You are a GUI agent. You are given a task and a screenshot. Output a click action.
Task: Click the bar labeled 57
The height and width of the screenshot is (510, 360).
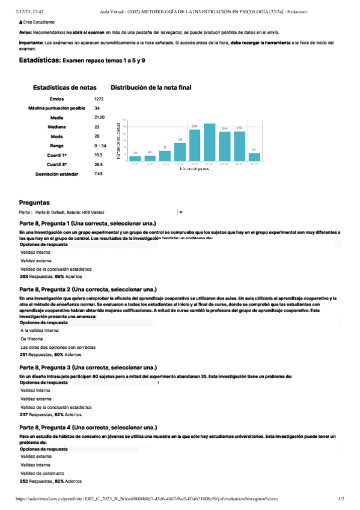coord(254,156)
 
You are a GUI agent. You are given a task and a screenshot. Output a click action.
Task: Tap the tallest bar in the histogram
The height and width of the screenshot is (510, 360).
coord(209,142)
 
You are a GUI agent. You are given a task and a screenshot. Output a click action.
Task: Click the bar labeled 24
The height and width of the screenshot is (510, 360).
coord(135,158)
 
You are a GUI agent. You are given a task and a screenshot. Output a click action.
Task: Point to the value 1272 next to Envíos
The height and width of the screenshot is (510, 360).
coord(99,99)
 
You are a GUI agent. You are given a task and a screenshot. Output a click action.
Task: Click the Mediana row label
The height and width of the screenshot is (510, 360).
coord(58,127)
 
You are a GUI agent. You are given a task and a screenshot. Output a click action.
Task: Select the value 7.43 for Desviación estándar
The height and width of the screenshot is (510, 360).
coord(99,173)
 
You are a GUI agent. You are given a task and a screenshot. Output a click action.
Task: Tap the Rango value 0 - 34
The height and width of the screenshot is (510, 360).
coord(100,146)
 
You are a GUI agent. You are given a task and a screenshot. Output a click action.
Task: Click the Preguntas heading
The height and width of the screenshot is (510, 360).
coord(34,203)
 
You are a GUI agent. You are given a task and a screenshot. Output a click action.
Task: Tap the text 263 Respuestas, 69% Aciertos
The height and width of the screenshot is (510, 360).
coord(51,277)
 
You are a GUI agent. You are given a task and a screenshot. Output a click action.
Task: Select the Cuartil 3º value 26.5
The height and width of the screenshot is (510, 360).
coord(99,164)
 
